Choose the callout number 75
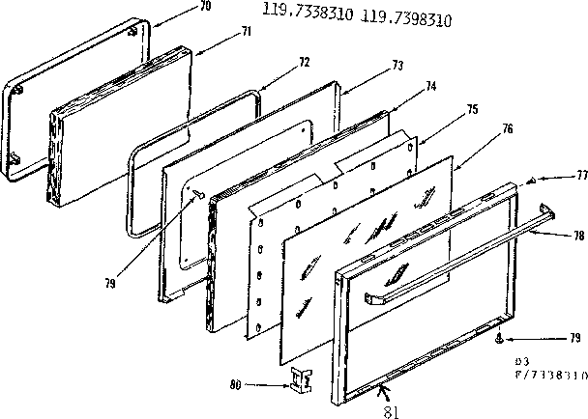click(x=472, y=110)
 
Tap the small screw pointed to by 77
click(x=532, y=181)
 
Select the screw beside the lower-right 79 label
click(x=497, y=338)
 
